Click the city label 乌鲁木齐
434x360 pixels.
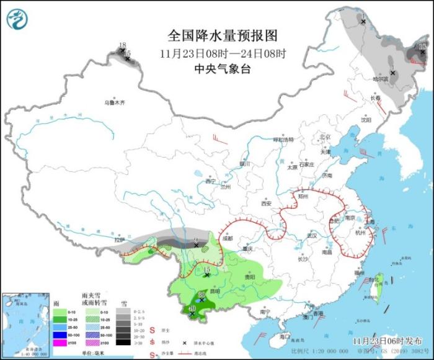[114, 102]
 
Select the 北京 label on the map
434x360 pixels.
[324, 137]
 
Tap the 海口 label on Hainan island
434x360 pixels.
[285, 336]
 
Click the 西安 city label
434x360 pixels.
[267, 203]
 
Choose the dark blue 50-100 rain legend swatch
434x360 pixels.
[63, 333]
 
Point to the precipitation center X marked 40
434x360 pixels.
[192, 314]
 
